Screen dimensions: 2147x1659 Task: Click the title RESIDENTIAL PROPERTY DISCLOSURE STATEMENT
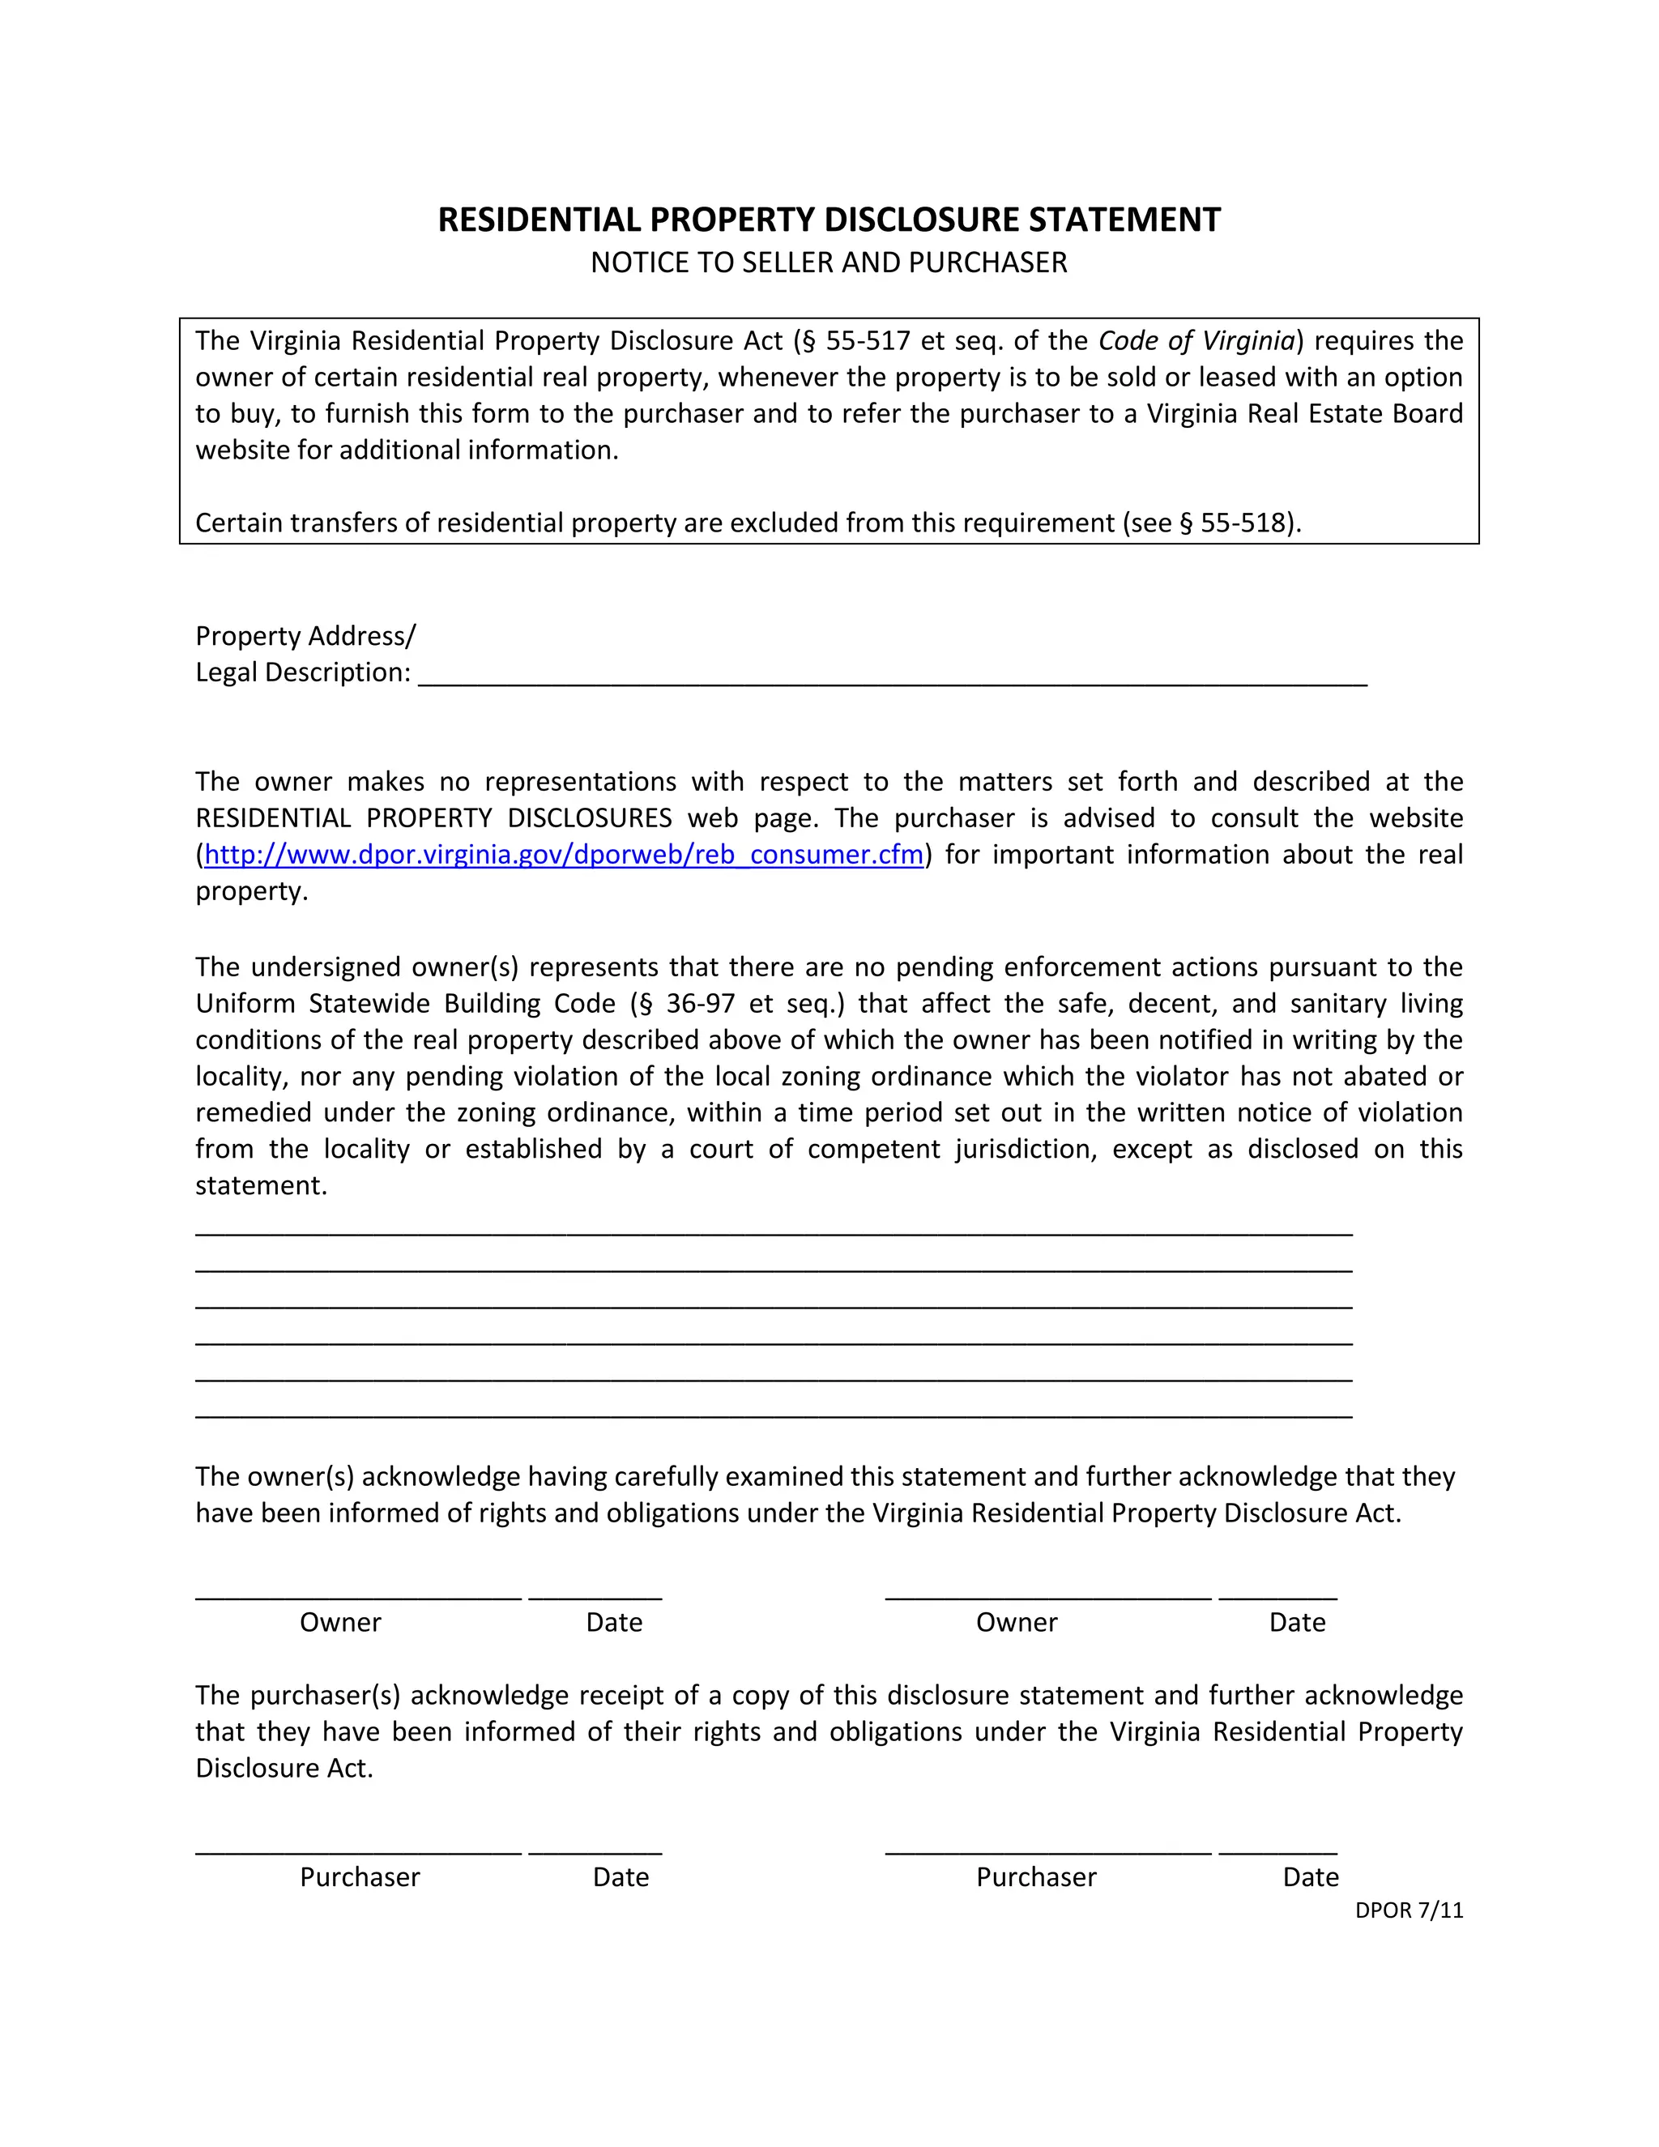coord(829,220)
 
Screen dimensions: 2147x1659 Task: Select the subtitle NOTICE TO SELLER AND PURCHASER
coord(829,263)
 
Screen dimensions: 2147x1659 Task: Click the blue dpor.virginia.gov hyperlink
coord(563,854)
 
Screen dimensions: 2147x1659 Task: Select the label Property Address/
coord(305,636)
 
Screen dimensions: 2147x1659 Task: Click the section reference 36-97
coord(700,1003)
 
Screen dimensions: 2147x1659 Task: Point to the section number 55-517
coord(868,340)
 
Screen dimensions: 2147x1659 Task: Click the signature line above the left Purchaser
coord(359,1852)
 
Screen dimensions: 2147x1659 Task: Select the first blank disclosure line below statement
coord(774,1233)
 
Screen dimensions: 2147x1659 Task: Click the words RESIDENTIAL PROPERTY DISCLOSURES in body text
coord(433,818)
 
